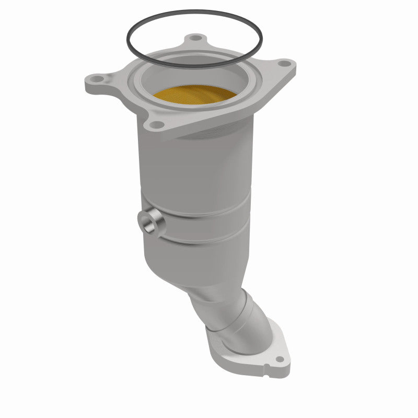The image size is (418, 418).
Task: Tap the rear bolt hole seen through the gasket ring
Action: (195, 38)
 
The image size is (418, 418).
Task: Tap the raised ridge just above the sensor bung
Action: (199, 209)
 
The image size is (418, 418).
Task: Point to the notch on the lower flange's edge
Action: (266, 374)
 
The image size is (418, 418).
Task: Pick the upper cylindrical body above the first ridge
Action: (193, 167)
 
